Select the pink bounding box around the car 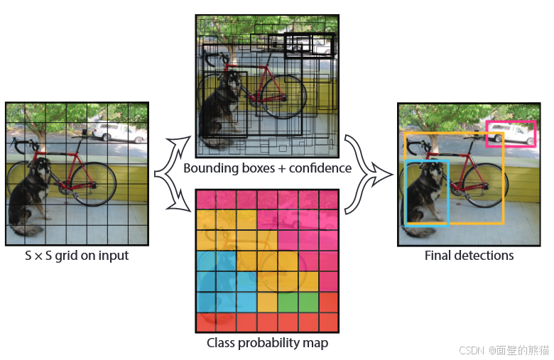pos(511,121)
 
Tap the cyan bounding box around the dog pos(406,192)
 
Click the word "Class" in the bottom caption pos(222,343)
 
